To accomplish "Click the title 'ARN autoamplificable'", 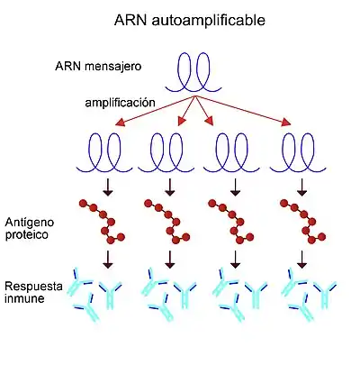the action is click(190, 21).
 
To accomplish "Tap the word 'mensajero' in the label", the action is click(112, 67).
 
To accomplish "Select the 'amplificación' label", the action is click(120, 103).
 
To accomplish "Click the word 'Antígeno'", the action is click(30, 223).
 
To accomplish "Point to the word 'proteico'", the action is click(27, 234).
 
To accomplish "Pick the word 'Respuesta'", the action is click(33, 287).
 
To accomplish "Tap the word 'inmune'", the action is click(24, 298).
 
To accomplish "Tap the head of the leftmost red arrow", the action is click(120, 123).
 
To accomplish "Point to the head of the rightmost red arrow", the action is click(287, 123).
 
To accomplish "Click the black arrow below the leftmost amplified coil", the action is click(108, 187).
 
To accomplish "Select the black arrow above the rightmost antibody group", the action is click(301, 260).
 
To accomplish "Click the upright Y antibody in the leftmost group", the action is click(110, 296).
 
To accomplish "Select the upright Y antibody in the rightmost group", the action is click(325, 296).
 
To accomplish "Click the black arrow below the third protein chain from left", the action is click(236, 260).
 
